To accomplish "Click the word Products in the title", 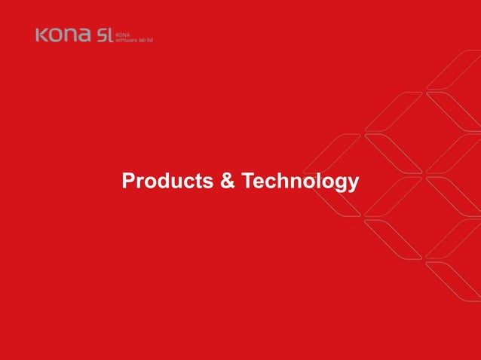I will click(x=167, y=182).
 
